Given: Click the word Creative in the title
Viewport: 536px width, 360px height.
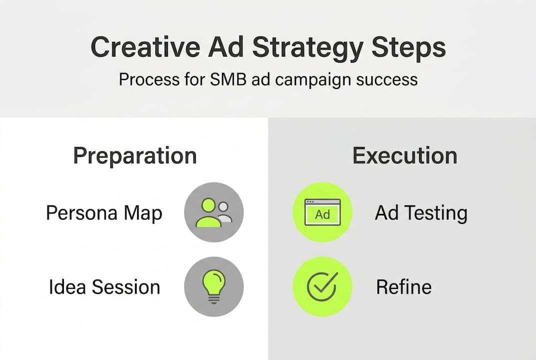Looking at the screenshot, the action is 145,47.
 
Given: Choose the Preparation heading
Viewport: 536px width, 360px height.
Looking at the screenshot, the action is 135,156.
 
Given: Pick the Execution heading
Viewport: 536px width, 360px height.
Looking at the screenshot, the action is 405,155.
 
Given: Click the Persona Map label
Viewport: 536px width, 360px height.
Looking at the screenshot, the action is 104,213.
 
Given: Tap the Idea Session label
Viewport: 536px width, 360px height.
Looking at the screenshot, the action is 104,287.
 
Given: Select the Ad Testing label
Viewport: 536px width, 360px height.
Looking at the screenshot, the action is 421,213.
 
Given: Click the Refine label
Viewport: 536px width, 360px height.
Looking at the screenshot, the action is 404,287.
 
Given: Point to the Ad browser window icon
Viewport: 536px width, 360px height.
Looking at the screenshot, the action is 322,212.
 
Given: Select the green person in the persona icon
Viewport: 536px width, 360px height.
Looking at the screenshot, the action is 208,213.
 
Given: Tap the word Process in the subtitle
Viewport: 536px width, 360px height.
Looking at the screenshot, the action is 149,79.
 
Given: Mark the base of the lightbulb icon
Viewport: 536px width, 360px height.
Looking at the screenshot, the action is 214,299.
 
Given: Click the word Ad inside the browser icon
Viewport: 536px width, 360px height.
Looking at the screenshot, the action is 322,215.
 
